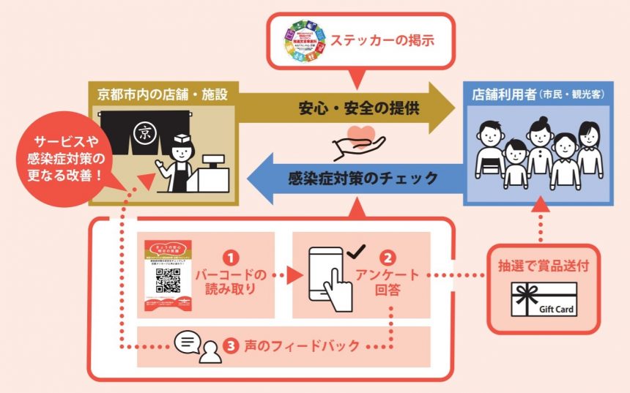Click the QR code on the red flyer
168,280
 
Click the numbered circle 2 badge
389,257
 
